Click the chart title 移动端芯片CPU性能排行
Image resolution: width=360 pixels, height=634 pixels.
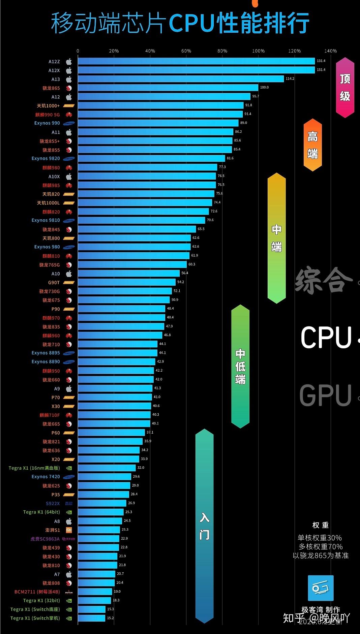coord(180,23)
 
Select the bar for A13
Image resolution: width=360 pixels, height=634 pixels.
coord(181,79)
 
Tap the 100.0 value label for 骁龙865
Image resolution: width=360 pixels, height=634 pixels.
coord(264,87)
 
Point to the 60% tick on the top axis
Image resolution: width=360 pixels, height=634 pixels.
coord(186,51)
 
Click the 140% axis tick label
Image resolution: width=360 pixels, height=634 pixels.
coord(330,51)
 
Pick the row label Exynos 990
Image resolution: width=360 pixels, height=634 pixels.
coord(47,123)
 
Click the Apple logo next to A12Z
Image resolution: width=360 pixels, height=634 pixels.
coord(69,62)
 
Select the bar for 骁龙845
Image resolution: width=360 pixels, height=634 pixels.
coord(137,229)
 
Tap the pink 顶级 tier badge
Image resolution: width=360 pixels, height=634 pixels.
coord(345,88)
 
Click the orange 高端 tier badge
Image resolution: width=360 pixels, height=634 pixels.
coord(312,145)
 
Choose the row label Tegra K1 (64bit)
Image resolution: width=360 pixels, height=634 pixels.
coord(41,512)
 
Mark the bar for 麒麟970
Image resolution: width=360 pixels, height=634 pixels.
coord(121,317)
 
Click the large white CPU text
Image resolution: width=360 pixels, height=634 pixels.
coord(326,337)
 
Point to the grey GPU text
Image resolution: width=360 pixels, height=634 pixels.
coord(325,395)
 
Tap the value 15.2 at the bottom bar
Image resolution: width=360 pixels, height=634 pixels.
coord(110,618)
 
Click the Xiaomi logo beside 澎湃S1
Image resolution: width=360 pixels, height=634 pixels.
coord(69,530)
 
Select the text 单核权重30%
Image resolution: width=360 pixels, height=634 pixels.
coord(320,538)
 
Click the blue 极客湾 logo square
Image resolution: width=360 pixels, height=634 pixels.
coord(321,588)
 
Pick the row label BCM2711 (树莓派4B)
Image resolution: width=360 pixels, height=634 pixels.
coord(37,592)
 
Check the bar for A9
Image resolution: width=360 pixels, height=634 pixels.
coord(115,388)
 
